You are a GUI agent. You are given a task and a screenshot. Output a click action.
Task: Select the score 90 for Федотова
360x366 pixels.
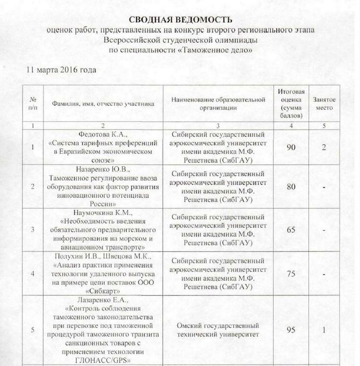click(291, 147)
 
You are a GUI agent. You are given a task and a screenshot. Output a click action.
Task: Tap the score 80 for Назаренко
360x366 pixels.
click(291, 186)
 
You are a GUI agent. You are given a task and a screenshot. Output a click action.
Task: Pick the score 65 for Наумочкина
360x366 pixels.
click(291, 230)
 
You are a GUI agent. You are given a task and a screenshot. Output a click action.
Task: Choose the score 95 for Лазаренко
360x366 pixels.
click(291, 330)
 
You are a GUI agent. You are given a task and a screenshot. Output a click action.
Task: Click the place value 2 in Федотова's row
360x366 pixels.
click(324, 147)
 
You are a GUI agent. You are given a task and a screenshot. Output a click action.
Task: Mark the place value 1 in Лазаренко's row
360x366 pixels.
click(324, 330)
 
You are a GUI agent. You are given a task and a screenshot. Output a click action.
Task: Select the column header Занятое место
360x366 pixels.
click(324, 104)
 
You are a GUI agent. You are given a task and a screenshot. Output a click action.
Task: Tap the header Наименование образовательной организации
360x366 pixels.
click(218, 104)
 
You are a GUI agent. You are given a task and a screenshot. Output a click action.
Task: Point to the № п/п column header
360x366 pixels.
click(32, 104)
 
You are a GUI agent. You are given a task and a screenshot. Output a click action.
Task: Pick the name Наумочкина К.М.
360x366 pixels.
click(103, 213)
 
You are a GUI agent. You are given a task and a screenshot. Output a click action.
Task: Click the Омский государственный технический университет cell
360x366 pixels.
click(218, 330)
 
